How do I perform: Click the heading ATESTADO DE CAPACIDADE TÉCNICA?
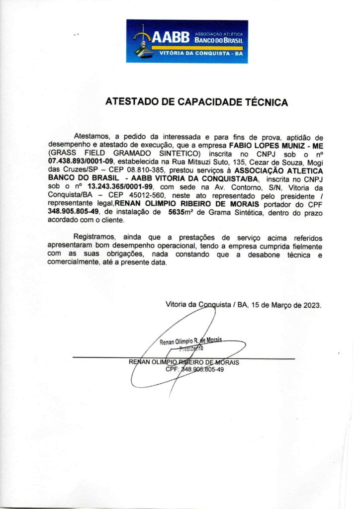(x=196, y=102)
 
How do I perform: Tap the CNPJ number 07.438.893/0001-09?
(x=81, y=162)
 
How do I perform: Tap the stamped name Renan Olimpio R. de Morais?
(x=190, y=341)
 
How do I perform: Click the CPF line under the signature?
(x=194, y=369)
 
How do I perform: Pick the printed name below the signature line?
(x=184, y=362)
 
